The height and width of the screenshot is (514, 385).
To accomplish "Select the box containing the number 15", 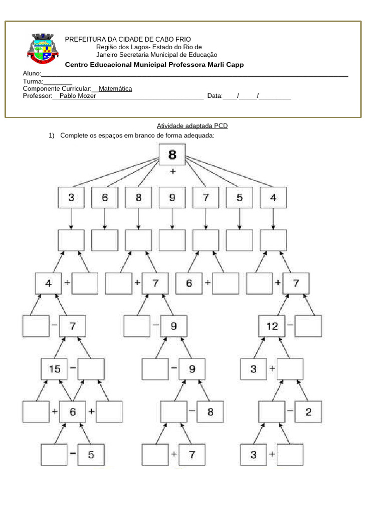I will (54, 369).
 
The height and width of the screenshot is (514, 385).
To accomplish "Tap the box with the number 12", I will (272, 326).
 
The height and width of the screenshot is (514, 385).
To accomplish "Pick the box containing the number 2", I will (308, 412).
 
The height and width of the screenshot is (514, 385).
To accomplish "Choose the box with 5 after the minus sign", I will (91, 456).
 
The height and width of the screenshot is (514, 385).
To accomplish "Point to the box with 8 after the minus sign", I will (210, 412).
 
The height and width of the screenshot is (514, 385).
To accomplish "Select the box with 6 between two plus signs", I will (73, 412).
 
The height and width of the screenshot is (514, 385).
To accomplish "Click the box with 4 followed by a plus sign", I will (48, 283).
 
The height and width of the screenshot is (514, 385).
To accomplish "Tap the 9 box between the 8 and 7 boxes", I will (172, 198).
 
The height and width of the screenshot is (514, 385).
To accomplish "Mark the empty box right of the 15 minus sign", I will (91, 369).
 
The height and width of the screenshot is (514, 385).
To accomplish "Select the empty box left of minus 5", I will (54, 456).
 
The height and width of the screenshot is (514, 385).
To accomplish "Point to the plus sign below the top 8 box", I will (173, 172).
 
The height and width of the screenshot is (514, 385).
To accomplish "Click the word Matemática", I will (115, 89).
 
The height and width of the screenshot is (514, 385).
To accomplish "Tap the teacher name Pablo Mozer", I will (78, 96).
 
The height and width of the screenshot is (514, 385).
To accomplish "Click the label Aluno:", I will (32, 74).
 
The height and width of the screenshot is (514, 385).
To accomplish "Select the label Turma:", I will (33, 81).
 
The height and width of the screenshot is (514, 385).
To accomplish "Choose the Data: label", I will (215, 96).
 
